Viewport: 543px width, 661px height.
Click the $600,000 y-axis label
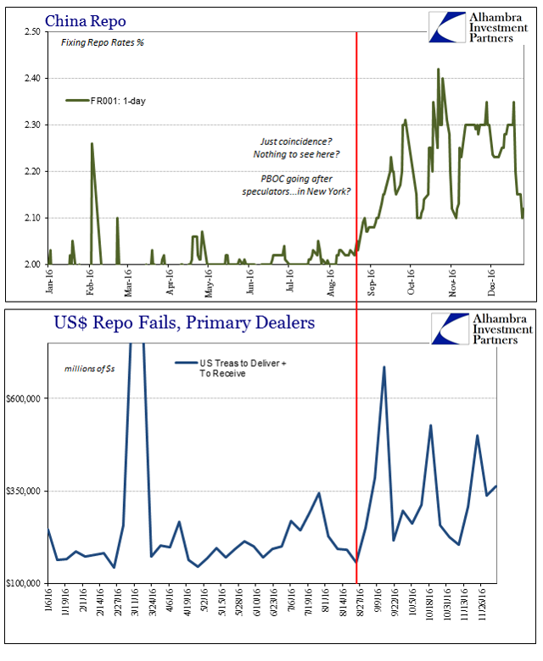(25, 398)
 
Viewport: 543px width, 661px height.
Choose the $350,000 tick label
(25, 491)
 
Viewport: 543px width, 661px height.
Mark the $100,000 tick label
(25, 583)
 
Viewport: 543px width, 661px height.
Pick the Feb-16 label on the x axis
(91, 281)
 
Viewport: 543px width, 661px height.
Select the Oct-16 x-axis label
(411, 281)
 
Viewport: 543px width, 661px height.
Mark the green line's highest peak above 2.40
(438, 69)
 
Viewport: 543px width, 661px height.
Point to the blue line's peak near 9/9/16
(384, 367)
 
